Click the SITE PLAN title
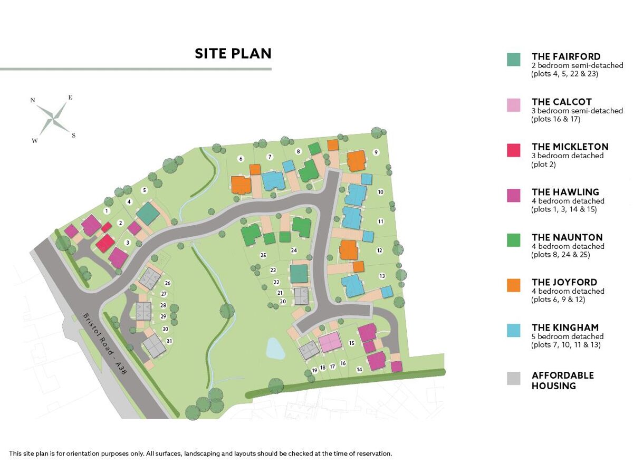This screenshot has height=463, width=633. [x=233, y=53]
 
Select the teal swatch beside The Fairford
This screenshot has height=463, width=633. [x=513, y=59]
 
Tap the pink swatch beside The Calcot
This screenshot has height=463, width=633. [x=513, y=104]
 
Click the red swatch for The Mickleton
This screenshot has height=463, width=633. [x=513, y=150]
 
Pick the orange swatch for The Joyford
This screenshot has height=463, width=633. [x=513, y=285]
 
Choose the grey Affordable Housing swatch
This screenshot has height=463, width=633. [x=513, y=378]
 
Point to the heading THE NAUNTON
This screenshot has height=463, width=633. [x=567, y=237]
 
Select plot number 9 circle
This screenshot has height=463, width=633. [x=376, y=152]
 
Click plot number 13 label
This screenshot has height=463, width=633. [x=382, y=276]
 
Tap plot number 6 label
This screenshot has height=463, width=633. [x=241, y=158]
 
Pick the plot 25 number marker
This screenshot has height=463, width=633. [x=263, y=255]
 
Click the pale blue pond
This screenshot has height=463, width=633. [x=275, y=349]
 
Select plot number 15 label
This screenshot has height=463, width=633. [x=352, y=343]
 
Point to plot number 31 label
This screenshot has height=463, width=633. [x=169, y=341]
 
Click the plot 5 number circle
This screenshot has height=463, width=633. [x=145, y=190]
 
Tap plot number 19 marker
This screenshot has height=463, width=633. [x=314, y=370]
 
